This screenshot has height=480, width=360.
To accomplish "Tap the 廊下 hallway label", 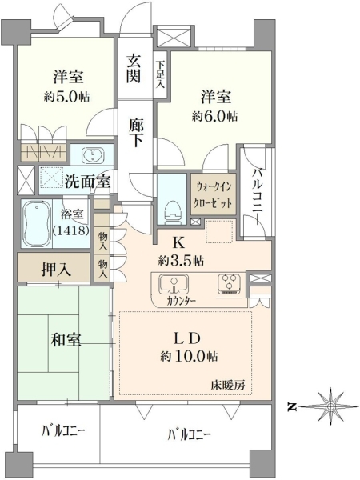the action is (x=134, y=132).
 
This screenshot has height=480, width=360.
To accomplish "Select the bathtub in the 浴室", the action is (x=37, y=224).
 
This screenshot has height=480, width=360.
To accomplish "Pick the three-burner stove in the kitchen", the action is (x=229, y=284).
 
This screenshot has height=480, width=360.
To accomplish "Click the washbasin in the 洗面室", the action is (x=93, y=155).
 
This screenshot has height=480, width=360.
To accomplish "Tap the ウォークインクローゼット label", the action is (x=214, y=194).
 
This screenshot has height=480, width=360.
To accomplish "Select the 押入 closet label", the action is (x=57, y=270).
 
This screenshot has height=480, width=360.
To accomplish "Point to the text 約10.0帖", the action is (x=189, y=356).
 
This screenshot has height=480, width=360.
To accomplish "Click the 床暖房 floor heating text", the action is (x=227, y=385).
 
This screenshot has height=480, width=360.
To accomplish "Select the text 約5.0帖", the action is (x=67, y=97).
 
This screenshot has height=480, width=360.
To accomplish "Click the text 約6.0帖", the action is (x=215, y=116).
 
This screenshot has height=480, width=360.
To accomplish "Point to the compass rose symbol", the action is (x=330, y=406).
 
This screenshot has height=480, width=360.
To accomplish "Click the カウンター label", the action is (x=182, y=301).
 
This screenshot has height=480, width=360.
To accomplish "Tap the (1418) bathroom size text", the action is (x=70, y=230).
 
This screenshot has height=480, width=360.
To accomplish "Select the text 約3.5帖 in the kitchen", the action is (x=182, y=261).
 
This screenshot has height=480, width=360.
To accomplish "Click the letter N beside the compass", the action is (x=293, y=407).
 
